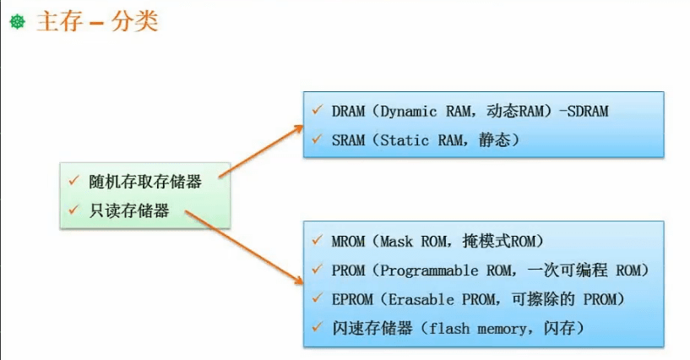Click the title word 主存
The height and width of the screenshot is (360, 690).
point(58,22)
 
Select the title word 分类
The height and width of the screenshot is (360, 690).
point(133,22)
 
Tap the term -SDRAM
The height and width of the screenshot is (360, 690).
point(584,111)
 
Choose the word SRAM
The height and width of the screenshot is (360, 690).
point(346,139)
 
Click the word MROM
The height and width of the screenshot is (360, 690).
point(347,241)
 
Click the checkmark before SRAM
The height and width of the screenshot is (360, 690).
point(316,139)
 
